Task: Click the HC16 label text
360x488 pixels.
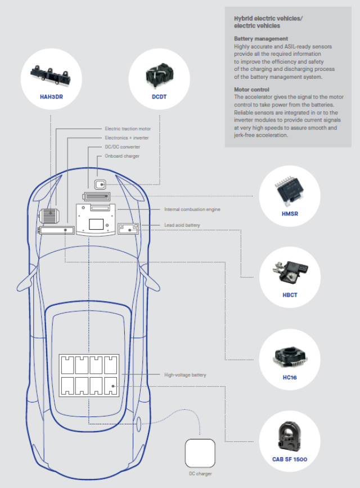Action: pos(290,377)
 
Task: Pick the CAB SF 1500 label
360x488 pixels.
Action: pos(291,459)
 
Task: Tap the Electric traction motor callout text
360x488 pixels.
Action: pos(128,129)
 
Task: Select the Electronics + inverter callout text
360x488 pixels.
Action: pos(128,138)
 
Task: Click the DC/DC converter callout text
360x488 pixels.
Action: pos(122,147)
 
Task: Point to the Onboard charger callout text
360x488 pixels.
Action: pos(122,156)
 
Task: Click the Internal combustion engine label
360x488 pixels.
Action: pos(192,209)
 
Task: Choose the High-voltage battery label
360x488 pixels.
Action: pos(185,375)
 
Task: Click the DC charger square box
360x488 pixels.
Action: pos(200,454)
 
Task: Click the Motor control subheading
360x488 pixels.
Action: pos(251,89)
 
